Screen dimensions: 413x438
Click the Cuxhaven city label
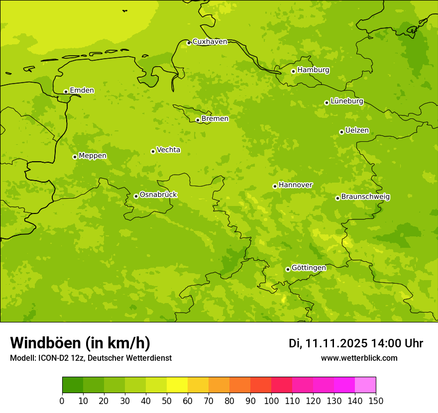(210, 41)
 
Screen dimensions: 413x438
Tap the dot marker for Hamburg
(293, 71)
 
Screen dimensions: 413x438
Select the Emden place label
(82, 90)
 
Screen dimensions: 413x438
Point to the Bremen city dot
(198, 120)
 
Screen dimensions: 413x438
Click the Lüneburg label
(346, 101)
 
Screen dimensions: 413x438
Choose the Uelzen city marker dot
(341, 132)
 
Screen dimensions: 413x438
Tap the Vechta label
(168, 150)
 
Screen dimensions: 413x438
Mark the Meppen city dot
(75, 157)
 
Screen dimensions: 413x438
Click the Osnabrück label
(158, 195)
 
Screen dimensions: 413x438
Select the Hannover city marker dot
(275, 186)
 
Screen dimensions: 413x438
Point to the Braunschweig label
(365, 197)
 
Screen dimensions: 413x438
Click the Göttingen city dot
(288, 269)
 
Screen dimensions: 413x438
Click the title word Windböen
(45, 343)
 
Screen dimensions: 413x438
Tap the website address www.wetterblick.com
(359, 358)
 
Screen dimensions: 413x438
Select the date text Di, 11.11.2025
(327, 343)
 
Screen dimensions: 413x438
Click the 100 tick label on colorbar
(271, 401)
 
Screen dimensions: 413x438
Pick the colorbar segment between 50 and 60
(177, 385)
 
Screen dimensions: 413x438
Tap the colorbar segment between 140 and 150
(365, 385)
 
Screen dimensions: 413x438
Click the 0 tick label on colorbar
(62, 401)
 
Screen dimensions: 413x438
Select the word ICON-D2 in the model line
(52, 358)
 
